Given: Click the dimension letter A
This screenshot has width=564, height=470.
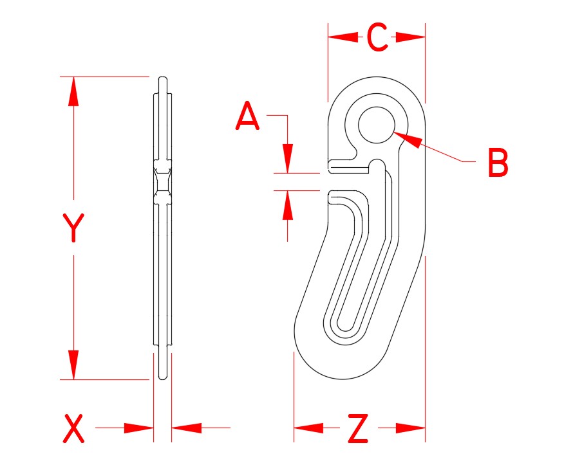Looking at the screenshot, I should [248, 117].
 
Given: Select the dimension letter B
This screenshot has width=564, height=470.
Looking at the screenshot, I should [498, 163].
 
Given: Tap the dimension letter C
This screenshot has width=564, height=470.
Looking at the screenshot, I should [377, 38].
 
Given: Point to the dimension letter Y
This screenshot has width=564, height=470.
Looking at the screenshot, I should [73, 228].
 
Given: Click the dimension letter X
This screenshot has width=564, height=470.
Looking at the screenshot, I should [73, 429].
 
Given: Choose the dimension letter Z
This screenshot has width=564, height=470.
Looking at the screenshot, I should [357, 429].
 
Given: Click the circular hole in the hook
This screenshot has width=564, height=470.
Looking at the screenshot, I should [376, 124].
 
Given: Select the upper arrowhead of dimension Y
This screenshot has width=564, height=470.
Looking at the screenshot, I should [73, 91].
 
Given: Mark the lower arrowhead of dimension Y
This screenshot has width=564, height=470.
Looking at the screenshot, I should [73, 365].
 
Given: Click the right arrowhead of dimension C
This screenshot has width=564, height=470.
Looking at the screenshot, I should [411, 37].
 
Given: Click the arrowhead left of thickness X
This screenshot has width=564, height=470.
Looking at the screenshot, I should [138, 428].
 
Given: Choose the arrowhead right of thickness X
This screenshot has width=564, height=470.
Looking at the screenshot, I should [187, 428].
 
